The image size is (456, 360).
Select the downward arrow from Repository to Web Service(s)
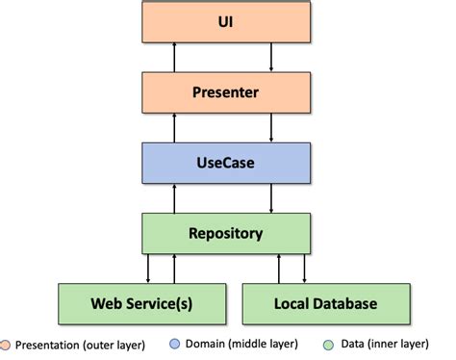pos(147,268)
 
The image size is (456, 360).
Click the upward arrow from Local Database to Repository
pos(278,268)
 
